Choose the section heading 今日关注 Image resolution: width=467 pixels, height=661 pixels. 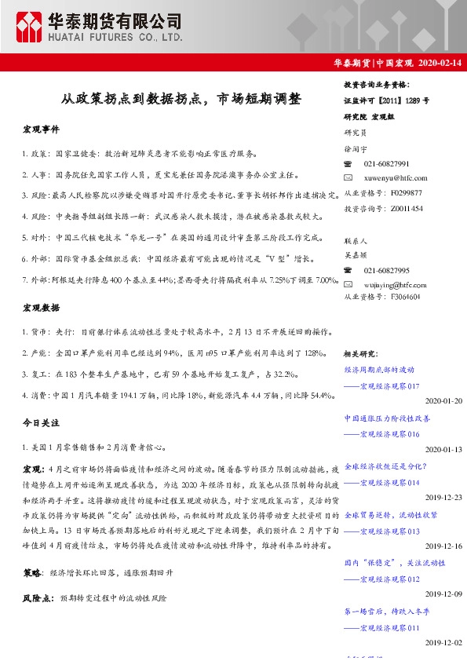41,423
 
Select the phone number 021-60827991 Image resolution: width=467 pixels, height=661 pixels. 386,164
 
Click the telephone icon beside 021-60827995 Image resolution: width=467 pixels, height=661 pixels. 348,270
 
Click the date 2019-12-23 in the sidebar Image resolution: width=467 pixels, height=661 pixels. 443,497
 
